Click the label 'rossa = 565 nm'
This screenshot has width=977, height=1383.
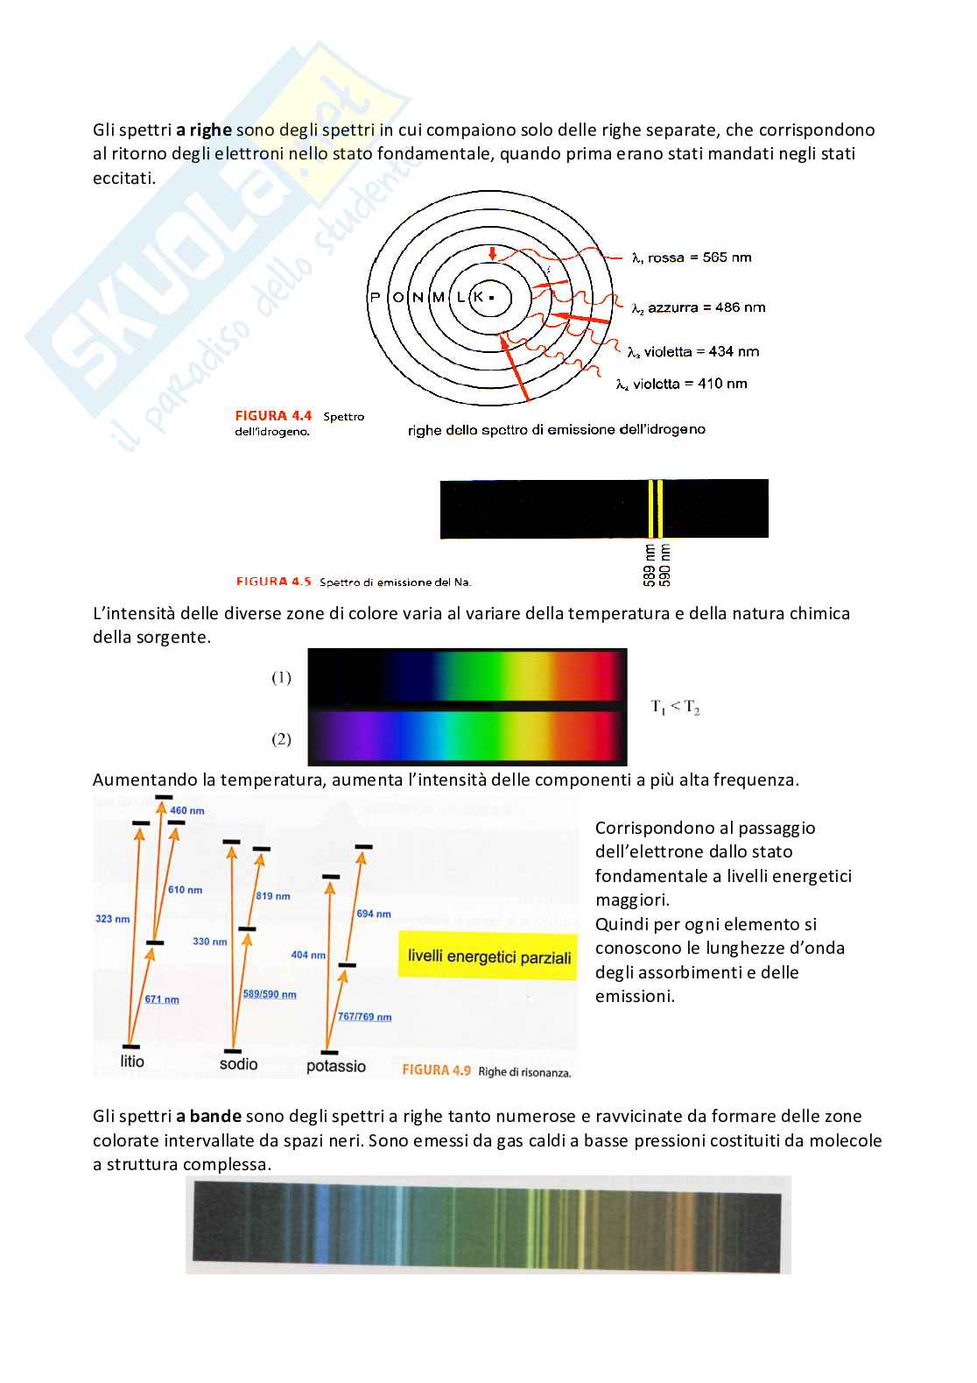[699, 258]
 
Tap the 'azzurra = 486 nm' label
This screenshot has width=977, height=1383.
[706, 307]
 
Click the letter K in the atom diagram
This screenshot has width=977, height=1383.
[478, 297]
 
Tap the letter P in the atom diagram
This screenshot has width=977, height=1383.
[376, 297]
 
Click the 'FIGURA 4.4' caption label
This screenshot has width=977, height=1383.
[273, 416]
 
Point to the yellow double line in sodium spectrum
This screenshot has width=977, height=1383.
[656, 508]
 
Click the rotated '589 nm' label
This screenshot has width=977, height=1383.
[650, 565]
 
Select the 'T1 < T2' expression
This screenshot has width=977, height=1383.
[675, 707]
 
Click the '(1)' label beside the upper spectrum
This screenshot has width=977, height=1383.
[281, 677]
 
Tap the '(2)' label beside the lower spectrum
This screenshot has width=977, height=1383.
[281, 739]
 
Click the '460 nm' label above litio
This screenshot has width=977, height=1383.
[187, 810]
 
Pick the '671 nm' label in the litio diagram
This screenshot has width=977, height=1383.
[162, 999]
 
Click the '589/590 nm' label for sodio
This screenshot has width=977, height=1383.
[270, 994]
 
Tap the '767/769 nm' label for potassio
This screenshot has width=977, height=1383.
[364, 1017]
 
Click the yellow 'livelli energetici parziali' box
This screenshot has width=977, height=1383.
[488, 956]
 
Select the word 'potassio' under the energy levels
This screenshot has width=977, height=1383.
[336, 1066]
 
